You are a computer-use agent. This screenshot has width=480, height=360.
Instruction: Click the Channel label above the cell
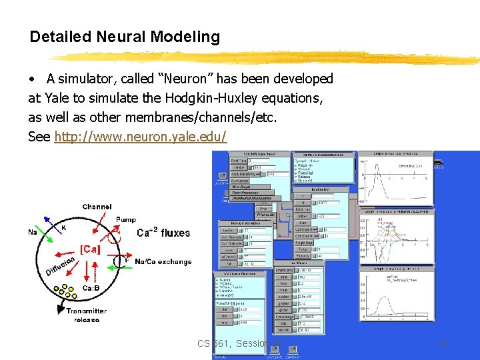pyautogui.click(x=97, y=207)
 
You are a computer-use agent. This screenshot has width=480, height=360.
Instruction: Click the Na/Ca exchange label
pyautogui.click(x=163, y=262)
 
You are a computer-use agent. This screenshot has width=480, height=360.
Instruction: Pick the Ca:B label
pyautogui.click(x=91, y=287)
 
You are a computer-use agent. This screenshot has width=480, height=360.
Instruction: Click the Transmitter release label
pyautogui.click(x=86, y=315)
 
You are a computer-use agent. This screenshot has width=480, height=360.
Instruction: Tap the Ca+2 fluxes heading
pyautogui.click(x=163, y=233)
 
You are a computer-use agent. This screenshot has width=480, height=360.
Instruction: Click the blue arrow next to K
pyautogui.click(x=51, y=221)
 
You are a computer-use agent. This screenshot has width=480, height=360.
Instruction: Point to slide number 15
pyautogui.click(x=441, y=344)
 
